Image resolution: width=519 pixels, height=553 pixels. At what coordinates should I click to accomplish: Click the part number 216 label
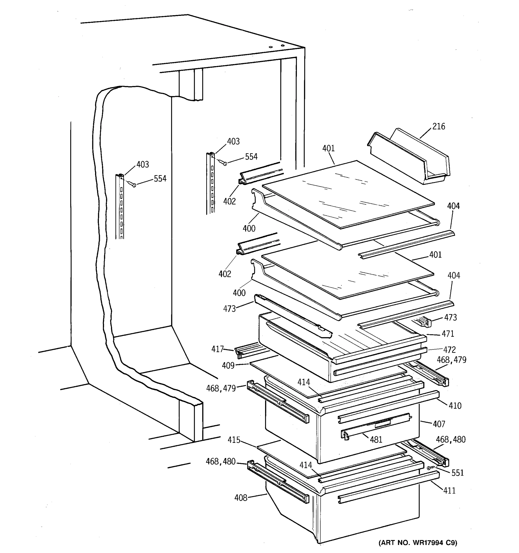tap(438, 126)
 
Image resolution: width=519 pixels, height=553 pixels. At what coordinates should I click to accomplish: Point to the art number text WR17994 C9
tap(418, 542)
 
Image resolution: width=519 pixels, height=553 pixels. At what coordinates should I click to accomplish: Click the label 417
tap(218, 349)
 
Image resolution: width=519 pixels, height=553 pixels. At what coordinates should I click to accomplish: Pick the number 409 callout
tap(228, 365)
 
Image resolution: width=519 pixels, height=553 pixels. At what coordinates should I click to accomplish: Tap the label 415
tap(234, 440)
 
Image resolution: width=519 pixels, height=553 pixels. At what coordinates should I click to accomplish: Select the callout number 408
tap(241, 498)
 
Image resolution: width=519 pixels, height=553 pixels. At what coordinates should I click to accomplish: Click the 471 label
tap(448, 333)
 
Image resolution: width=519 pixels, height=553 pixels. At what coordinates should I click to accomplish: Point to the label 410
tap(455, 406)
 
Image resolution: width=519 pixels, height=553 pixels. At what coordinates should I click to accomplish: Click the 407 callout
tap(439, 424)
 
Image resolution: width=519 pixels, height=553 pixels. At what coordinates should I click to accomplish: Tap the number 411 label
tap(449, 490)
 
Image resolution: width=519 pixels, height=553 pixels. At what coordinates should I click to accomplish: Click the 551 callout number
tap(457, 473)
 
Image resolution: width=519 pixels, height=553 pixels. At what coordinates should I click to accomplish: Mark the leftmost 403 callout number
tap(143, 164)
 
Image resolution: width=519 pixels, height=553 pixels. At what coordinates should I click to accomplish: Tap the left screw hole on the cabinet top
tap(270, 47)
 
